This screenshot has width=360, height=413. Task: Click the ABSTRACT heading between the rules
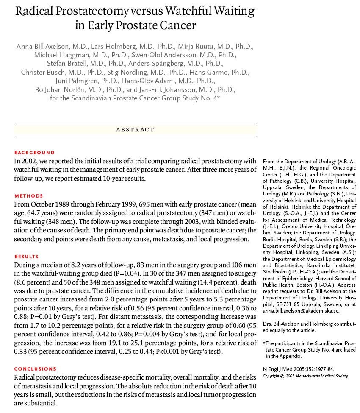pyautogui.click(x=135, y=130)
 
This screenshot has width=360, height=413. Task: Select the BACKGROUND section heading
pyautogui.click(x=34, y=153)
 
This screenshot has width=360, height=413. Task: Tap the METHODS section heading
pyautogui.click(x=29, y=196)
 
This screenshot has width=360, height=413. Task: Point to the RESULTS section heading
pyautogui.click(x=26, y=257)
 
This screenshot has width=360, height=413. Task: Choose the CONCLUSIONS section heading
pyautogui.click(x=35, y=369)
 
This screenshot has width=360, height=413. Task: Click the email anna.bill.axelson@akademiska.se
pyautogui.click(x=301, y=310)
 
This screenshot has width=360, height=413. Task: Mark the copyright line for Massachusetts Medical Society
pyautogui.click(x=305, y=376)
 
